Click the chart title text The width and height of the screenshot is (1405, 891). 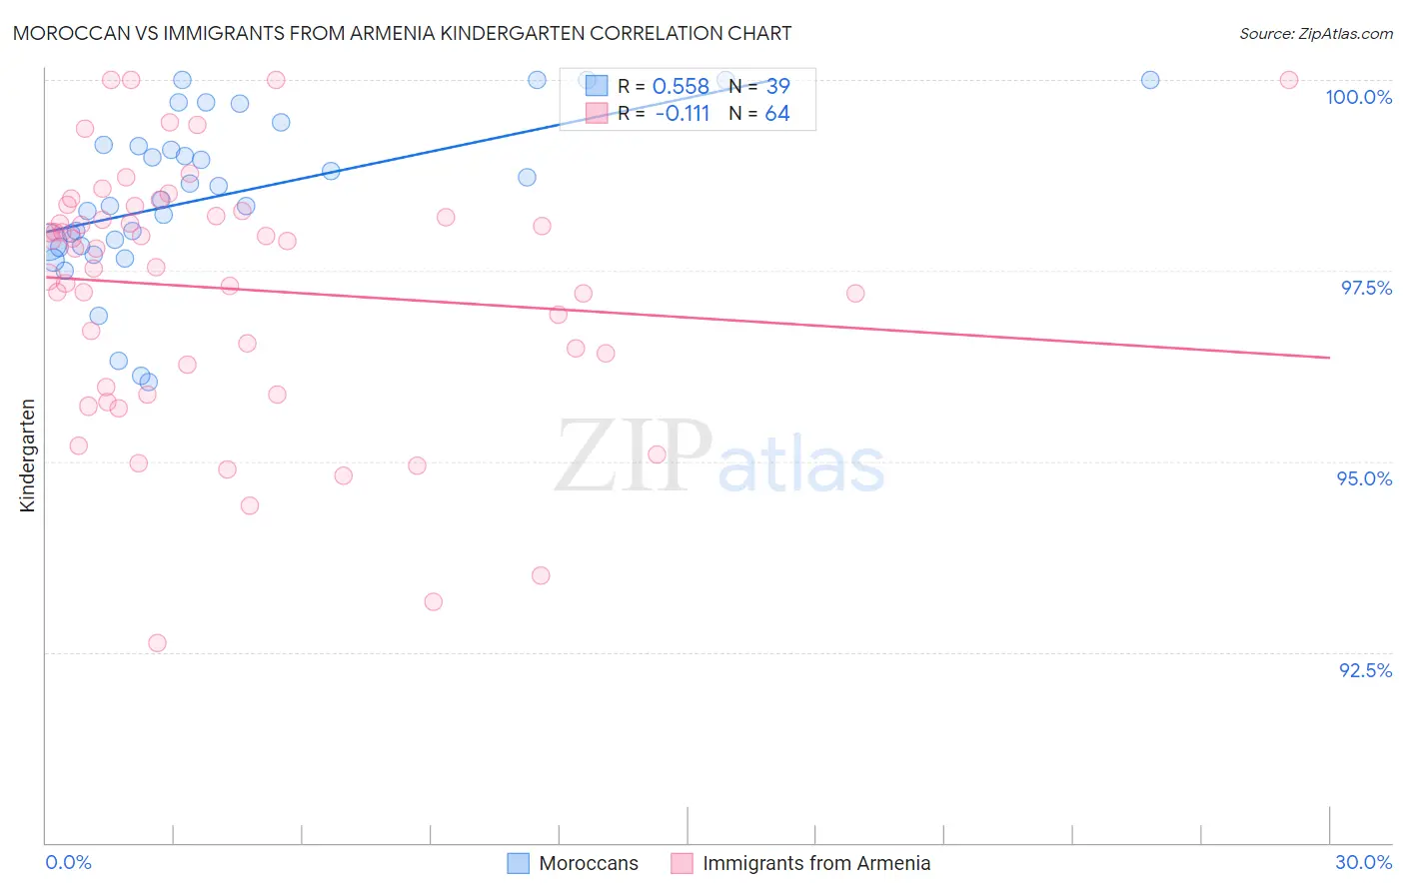pyautogui.click(x=402, y=33)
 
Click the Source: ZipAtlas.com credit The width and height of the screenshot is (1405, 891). pyautogui.click(x=1315, y=33)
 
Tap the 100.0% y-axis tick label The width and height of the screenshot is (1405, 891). pyautogui.click(x=1358, y=97)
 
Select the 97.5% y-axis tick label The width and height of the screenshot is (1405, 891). pyautogui.click(x=1365, y=288)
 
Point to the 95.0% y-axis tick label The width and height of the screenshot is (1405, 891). pyautogui.click(x=1364, y=478)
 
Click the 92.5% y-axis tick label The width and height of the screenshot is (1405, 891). pyautogui.click(x=1365, y=670)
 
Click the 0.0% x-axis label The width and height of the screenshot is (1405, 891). pyautogui.click(x=68, y=862)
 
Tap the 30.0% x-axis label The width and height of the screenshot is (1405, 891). pyautogui.click(x=1363, y=862)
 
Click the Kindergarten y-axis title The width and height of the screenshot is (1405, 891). pyautogui.click(x=27, y=455)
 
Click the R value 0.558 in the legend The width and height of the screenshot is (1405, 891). pyautogui.click(x=681, y=87)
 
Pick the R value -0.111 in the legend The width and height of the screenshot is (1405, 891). pyautogui.click(x=683, y=114)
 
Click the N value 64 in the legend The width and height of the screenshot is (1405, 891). pyautogui.click(x=777, y=114)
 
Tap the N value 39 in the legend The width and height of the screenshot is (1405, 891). pyautogui.click(x=777, y=87)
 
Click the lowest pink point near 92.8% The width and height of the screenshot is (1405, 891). pyautogui.click(x=157, y=642)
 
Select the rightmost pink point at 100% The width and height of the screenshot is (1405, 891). pyautogui.click(x=1289, y=80)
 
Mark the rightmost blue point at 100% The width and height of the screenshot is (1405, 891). pyautogui.click(x=1150, y=80)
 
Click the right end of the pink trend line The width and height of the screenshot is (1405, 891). pyautogui.click(x=1329, y=357)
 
